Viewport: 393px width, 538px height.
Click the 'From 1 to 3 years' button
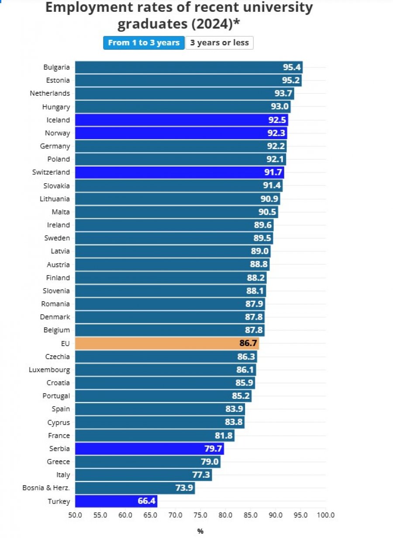(x=144, y=43)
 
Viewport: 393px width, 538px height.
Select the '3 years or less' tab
(x=219, y=43)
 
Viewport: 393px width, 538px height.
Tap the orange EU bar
(x=167, y=343)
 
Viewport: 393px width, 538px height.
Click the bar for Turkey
(x=116, y=501)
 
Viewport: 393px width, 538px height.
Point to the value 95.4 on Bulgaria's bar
(x=292, y=67)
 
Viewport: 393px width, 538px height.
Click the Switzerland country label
(x=51, y=172)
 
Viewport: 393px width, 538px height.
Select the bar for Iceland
(x=182, y=120)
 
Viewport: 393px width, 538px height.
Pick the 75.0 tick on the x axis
(x=200, y=515)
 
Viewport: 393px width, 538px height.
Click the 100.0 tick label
(x=326, y=515)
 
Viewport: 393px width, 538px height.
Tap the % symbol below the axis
(x=200, y=531)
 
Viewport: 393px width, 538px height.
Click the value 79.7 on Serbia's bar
(x=213, y=449)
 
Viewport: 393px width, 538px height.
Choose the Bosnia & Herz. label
(x=46, y=488)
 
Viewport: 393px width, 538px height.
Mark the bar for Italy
(x=144, y=475)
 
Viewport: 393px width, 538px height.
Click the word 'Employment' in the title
(x=89, y=8)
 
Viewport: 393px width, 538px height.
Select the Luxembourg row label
(x=49, y=370)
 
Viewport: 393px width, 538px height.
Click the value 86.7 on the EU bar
(x=248, y=343)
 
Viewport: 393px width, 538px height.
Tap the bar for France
(x=155, y=435)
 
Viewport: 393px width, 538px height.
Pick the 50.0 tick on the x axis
(x=75, y=515)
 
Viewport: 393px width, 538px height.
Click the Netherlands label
(x=50, y=93)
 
